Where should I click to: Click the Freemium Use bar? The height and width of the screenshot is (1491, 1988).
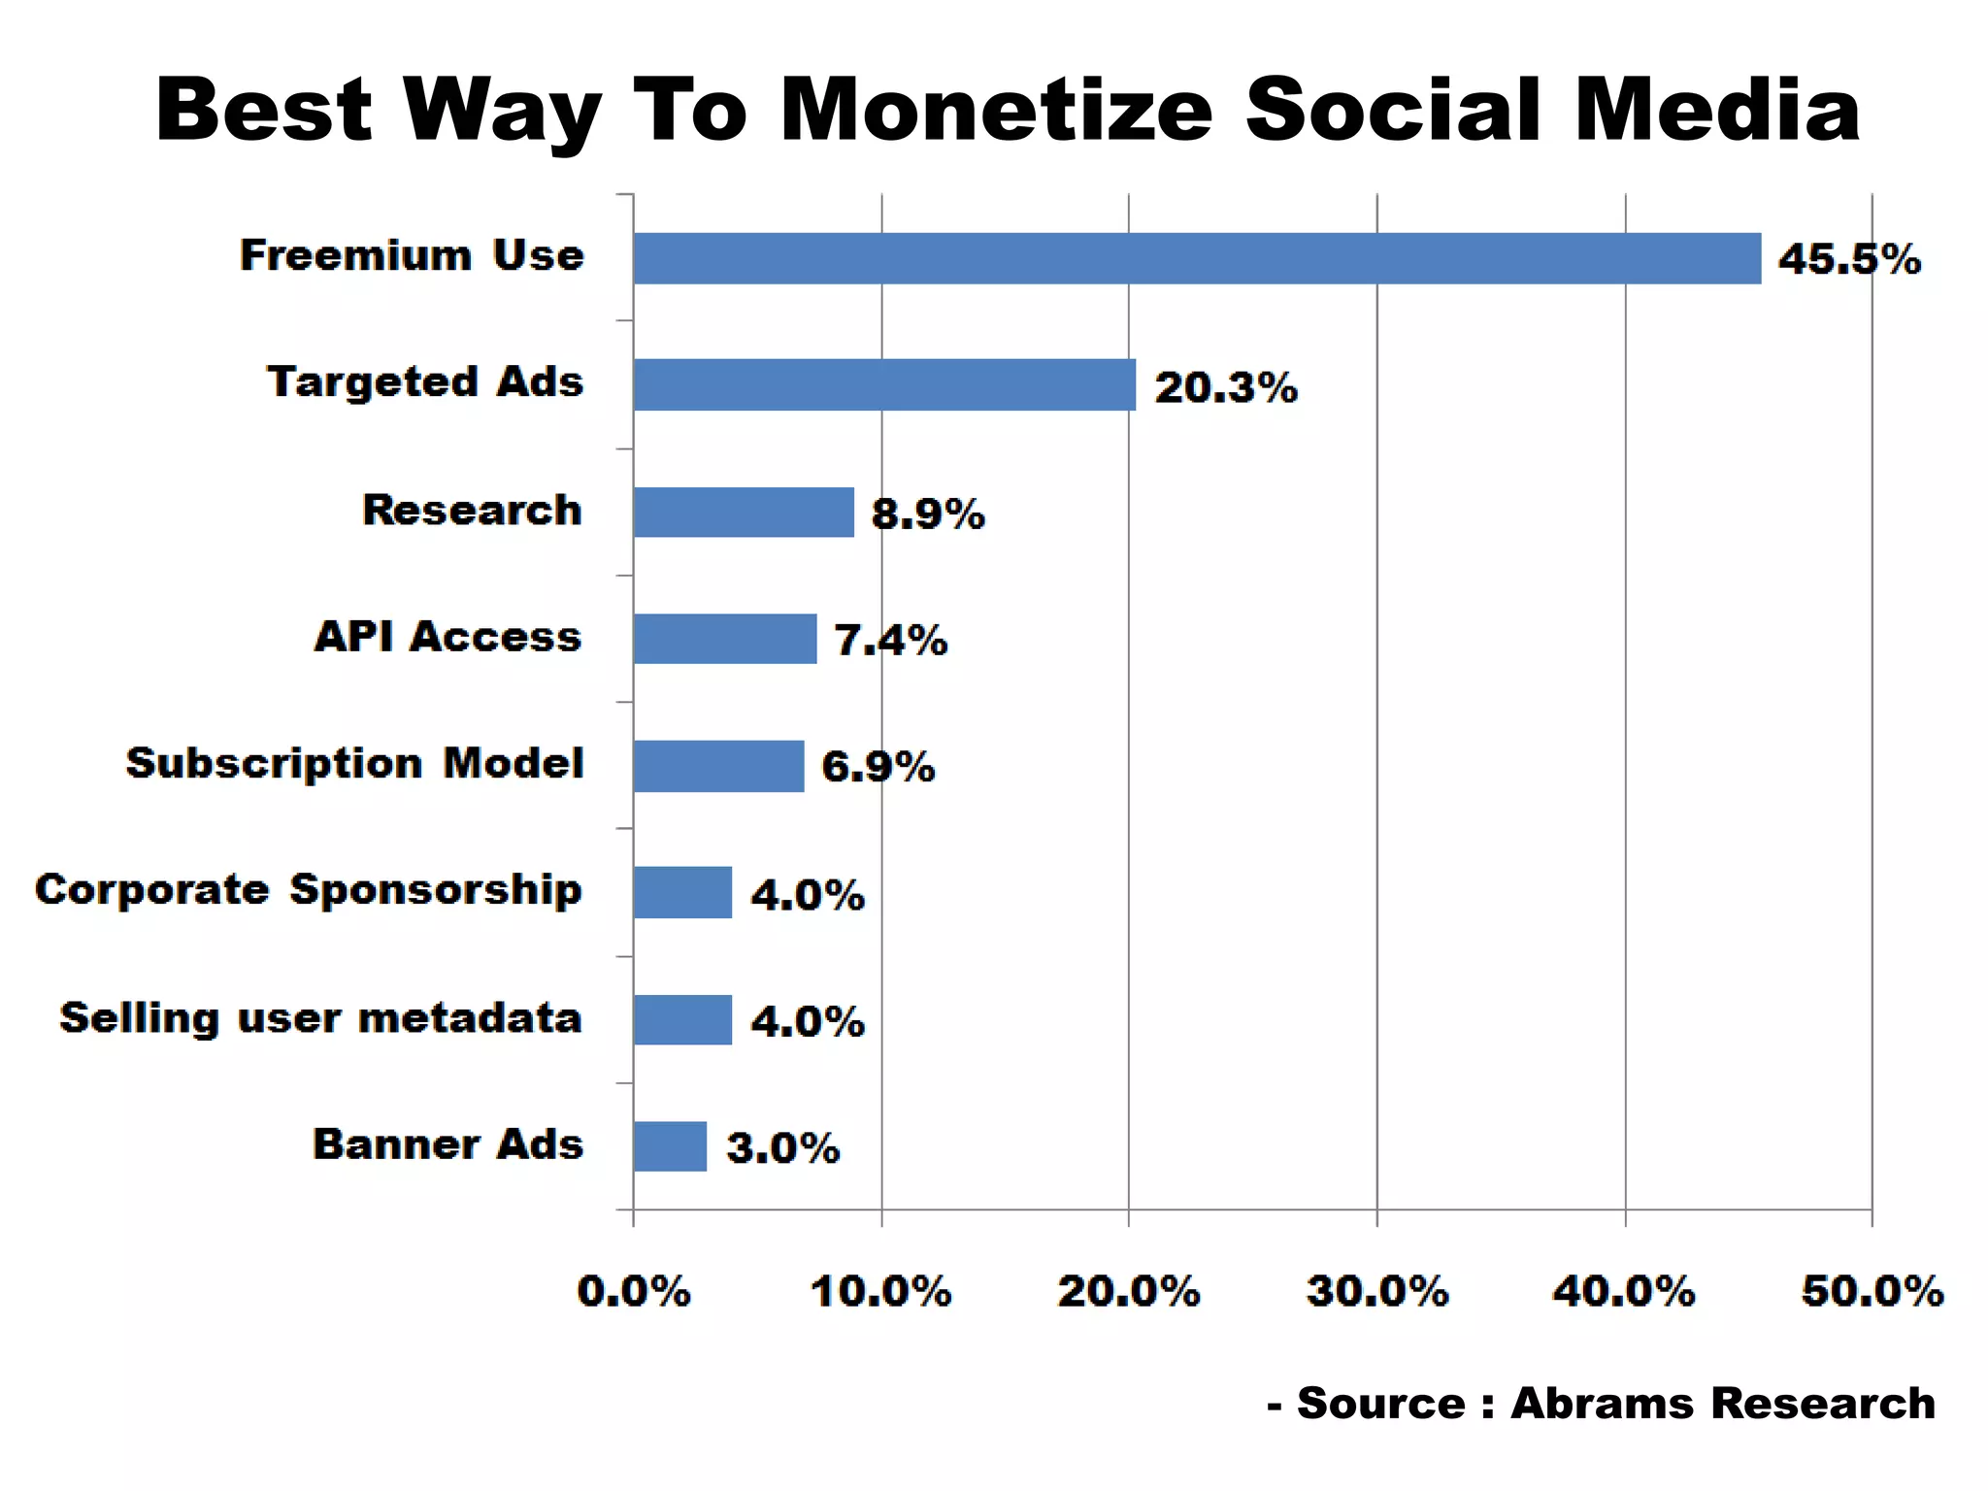point(1196,258)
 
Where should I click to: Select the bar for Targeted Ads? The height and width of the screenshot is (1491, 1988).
point(883,384)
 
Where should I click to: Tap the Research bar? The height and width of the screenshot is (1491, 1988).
point(744,512)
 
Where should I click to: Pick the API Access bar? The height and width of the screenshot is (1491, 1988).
point(724,639)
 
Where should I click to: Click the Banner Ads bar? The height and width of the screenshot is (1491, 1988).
point(670,1146)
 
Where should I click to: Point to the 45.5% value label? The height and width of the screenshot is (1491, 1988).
point(1849,259)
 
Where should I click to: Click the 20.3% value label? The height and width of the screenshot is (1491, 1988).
point(1225,387)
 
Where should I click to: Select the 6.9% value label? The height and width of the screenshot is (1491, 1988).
point(878,767)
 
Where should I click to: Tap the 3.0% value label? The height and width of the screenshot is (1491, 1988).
point(782,1148)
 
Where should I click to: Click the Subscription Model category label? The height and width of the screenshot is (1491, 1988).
point(355,764)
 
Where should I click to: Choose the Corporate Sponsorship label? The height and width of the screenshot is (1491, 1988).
point(309,890)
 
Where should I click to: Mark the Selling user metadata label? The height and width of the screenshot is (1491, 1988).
point(320,1018)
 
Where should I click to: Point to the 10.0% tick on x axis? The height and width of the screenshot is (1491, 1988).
point(881,1292)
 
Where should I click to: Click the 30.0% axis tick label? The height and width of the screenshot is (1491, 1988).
point(1376,1292)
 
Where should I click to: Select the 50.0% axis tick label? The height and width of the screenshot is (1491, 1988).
point(1872,1292)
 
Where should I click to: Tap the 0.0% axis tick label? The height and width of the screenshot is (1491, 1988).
point(634,1292)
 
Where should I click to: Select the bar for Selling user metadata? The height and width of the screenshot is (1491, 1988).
point(682,1019)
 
